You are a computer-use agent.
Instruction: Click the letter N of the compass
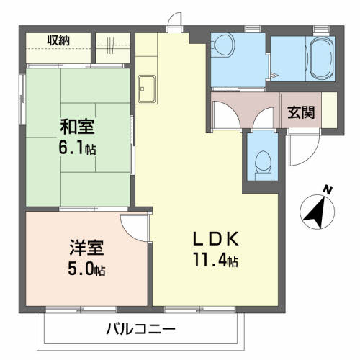[x=328, y=189]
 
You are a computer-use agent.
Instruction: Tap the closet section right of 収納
[x=114, y=47]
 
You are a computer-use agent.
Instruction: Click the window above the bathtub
[x=320, y=28]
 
